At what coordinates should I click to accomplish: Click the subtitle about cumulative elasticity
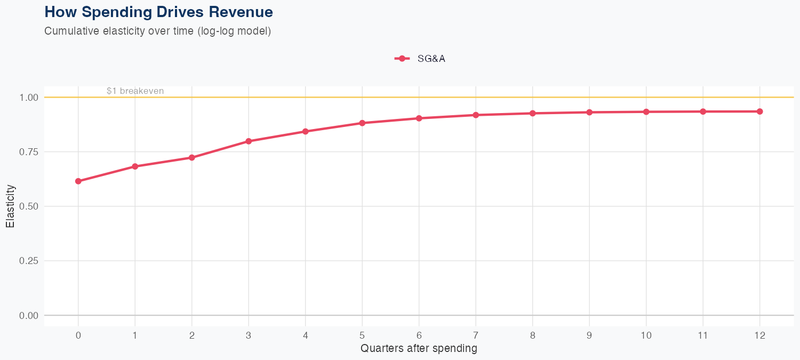click(158, 31)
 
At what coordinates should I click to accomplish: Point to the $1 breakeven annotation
click(135, 91)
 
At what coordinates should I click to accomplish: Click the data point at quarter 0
click(78, 181)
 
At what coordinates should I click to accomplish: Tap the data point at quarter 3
click(249, 141)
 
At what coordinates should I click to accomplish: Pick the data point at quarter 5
click(362, 123)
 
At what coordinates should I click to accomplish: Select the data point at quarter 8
click(533, 113)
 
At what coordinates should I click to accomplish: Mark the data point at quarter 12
click(760, 111)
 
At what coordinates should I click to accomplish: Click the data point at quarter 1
click(135, 166)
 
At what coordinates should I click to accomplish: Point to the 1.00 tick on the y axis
click(30, 98)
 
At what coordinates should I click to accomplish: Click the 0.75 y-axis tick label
click(30, 152)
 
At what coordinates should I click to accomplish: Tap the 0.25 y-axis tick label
click(30, 261)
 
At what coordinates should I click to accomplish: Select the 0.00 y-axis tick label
click(30, 315)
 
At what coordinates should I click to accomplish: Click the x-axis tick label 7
click(476, 335)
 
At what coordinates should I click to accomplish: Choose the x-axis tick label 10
click(646, 335)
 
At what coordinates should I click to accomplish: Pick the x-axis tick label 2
click(192, 335)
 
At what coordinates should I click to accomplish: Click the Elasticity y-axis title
click(10, 206)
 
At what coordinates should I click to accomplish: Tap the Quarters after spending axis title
click(419, 349)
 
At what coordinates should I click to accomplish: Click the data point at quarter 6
click(419, 118)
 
